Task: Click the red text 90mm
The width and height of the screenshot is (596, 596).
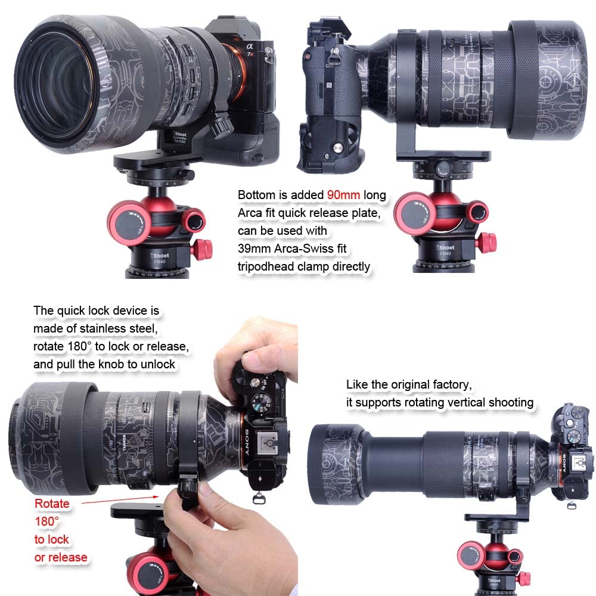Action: click(343, 195)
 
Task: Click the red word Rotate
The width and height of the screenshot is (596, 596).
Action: click(52, 504)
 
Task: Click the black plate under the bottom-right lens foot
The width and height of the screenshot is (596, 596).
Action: click(501, 518)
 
